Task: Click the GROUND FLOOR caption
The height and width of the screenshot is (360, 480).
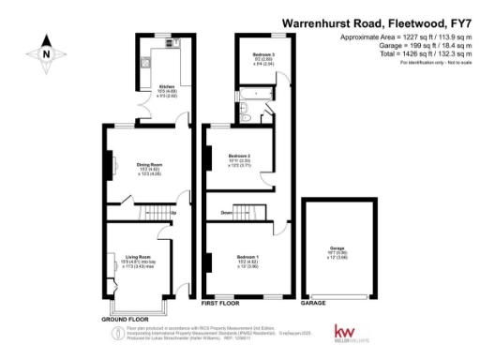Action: pos(127,319)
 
